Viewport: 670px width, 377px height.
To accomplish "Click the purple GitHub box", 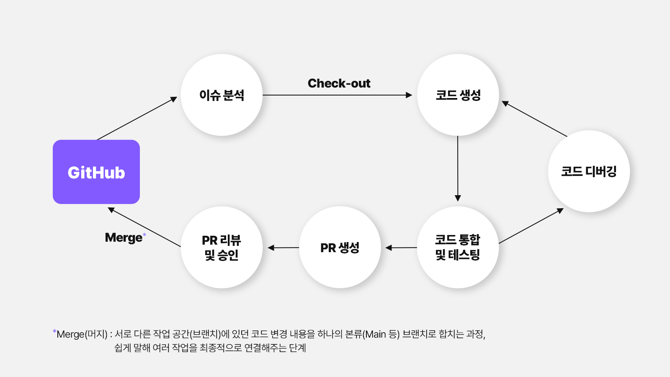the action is click(x=96, y=172).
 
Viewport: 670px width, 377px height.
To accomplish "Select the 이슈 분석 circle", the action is click(x=222, y=95).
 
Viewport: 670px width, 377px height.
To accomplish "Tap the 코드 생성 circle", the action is click(x=458, y=95).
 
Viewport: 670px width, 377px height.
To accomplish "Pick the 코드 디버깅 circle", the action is click(x=589, y=171).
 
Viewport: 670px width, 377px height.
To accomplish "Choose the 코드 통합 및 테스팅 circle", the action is click(x=458, y=247).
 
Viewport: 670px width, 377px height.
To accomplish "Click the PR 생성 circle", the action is click(x=340, y=247).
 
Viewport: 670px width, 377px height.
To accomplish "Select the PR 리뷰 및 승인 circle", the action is click(x=222, y=247).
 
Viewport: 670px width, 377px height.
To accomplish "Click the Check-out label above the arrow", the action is click(x=339, y=83).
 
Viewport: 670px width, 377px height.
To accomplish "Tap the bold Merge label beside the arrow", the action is click(x=124, y=238).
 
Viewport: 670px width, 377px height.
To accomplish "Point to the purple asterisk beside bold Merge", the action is click(x=144, y=235).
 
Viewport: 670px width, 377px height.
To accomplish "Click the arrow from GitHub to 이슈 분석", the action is click(x=137, y=118).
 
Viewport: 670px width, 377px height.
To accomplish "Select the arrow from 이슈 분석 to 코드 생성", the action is click(x=338, y=95).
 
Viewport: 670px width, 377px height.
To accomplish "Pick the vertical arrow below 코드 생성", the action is click(x=458, y=168).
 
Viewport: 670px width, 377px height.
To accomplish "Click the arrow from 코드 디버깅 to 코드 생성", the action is click(x=534, y=119).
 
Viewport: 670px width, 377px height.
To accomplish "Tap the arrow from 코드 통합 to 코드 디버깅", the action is click(x=531, y=226).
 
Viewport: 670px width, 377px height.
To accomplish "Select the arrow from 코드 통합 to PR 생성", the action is click(x=401, y=248).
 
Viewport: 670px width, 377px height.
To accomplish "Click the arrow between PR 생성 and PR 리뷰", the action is click(x=283, y=248).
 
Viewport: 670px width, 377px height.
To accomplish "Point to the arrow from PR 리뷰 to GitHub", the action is click(x=144, y=227).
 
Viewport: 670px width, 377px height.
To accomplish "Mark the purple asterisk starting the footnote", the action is click(x=54, y=331).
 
